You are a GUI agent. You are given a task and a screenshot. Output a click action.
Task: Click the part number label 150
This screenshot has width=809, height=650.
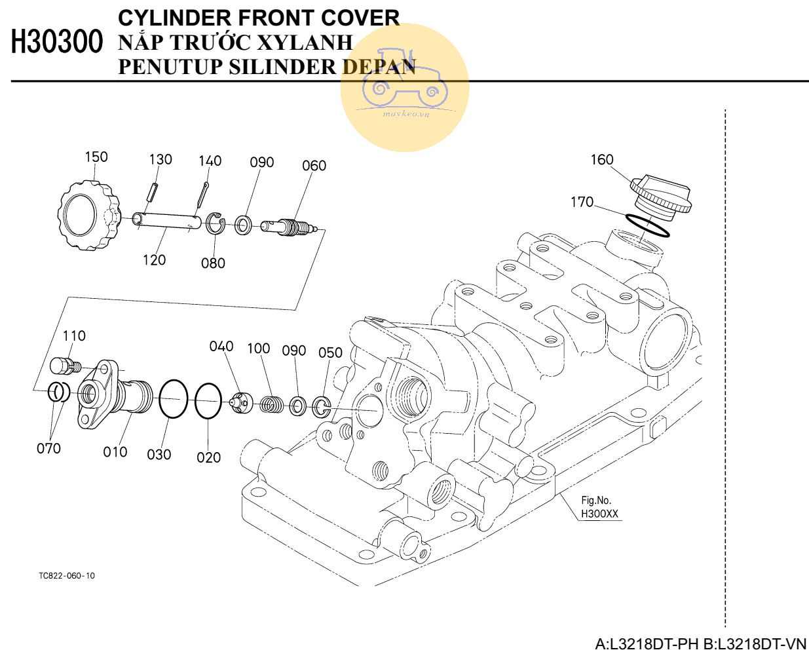[96, 157]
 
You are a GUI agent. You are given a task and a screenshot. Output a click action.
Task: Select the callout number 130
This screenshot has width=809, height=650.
[160, 159]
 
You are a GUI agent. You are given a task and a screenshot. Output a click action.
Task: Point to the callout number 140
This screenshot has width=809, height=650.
[210, 161]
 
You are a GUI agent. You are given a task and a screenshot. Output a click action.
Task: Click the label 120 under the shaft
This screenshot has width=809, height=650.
[155, 260]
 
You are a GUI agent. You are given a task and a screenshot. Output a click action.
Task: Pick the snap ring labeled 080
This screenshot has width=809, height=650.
[216, 225]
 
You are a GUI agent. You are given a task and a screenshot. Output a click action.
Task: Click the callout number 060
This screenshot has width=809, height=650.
[314, 166]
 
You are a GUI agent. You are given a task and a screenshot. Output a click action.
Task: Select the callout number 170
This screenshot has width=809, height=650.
[582, 202]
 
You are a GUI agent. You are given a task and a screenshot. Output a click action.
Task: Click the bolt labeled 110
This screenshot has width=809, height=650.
[63, 365]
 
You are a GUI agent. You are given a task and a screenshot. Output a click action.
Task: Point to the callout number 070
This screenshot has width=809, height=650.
[48, 449]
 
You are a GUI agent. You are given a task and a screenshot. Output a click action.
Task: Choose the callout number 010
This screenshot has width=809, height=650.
[115, 452]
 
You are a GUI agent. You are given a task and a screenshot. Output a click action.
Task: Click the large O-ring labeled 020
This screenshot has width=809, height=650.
[208, 401]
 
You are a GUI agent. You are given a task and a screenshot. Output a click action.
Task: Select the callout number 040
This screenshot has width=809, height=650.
[221, 346]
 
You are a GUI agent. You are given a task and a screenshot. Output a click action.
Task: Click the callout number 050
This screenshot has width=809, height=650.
[330, 353]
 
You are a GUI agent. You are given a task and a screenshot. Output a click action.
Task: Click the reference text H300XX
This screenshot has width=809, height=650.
[599, 514]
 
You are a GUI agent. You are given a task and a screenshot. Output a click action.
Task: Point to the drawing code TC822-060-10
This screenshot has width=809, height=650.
[66, 576]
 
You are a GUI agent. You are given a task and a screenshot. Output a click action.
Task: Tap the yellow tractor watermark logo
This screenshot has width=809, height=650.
[404, 88]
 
